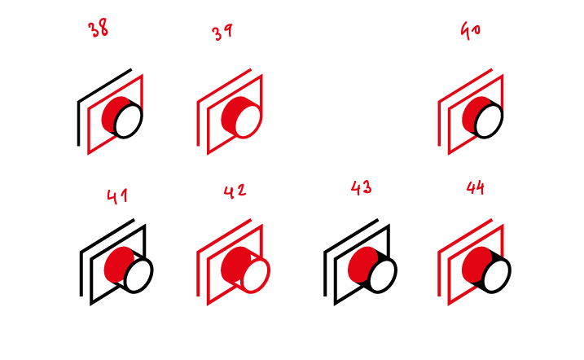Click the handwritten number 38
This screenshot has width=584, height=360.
[x=98, y=28]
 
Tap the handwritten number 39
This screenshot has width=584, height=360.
[x=222, y=32]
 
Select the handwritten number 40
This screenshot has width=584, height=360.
[x=471, y=30]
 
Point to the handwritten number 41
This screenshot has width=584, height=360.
[x=117, y=196]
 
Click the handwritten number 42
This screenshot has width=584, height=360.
[x=235, y=191]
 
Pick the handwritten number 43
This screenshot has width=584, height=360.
[x=361, y=187]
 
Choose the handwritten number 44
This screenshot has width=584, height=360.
[x=475, y=187]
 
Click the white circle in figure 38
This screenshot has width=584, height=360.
[x=128, y=121]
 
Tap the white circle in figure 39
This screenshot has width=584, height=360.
[x=248, y=121]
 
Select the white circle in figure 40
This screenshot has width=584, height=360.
[x=489, y=121]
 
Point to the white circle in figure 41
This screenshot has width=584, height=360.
[x=138, y=274]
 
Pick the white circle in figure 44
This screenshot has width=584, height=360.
[x=497, y=274]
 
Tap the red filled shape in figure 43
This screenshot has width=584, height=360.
[x=362, y=265]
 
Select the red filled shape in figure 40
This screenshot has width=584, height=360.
[x=473, y=115]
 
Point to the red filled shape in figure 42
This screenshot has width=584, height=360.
[x=235, y=265]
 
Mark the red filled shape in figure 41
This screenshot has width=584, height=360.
[x=116, y=265]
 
